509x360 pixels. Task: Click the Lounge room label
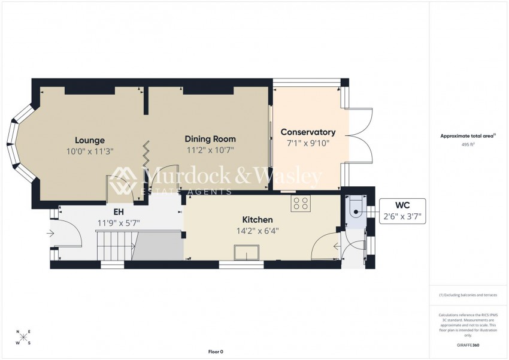tap(90, 140)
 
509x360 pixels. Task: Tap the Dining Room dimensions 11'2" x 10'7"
tap(210, 151)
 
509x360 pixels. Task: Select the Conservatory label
tap(308, 132)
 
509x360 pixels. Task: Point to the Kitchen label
tap(257, 220)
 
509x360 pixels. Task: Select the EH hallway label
tap(119, 211)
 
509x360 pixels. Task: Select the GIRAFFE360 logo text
tap(468, 345)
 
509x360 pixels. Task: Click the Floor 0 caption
tap(215, 352)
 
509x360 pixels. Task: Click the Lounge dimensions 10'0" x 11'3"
tap(90, 152)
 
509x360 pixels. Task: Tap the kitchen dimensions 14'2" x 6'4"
tap(257, 231)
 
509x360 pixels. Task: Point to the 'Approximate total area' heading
tap(466, 136)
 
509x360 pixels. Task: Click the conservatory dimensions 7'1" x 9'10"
tap(308, 143)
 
